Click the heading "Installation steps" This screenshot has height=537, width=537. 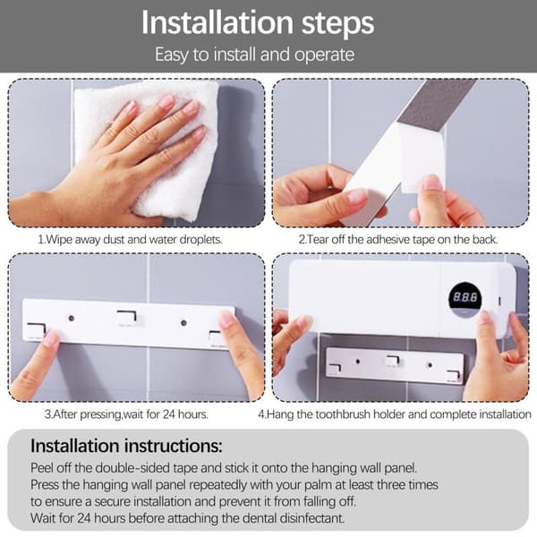(258, 23)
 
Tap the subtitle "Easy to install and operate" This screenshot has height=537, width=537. (255, 55)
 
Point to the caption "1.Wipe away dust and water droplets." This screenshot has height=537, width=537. (130, 239)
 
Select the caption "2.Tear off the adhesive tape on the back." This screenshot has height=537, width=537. (398, 239)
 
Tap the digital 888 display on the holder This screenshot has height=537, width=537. (465, 296)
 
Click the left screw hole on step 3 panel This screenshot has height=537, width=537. (72, 318)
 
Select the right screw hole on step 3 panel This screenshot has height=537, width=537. (183, 323)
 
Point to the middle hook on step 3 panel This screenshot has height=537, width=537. (127, 318)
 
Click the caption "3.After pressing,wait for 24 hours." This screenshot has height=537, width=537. (126, 414)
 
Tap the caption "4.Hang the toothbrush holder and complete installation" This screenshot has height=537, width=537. (395, 414)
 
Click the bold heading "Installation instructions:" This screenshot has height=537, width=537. (126, 446)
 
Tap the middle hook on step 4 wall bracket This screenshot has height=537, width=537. (393, 361)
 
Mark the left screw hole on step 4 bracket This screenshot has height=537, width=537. (358, 361)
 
